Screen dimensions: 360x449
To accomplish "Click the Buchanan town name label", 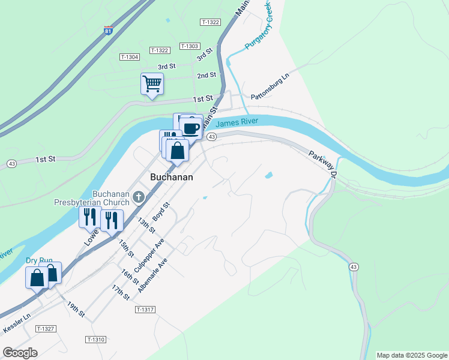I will tap(171, 177).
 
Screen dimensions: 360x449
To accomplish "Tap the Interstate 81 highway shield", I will tap(108, 30).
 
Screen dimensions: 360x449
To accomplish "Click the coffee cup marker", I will tap(191, 128).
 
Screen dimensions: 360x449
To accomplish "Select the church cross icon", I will tap(139, 196).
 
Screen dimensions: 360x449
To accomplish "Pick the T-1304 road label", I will tap(130, 57).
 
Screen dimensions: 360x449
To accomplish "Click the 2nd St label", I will tap(206, 76).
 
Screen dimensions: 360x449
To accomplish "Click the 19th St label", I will tap(76, 310).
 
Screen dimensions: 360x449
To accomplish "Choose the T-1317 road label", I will tap(145, 310).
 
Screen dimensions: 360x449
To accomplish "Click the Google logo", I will tap(20, 353).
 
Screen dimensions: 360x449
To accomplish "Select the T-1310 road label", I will tap(95, 340).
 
